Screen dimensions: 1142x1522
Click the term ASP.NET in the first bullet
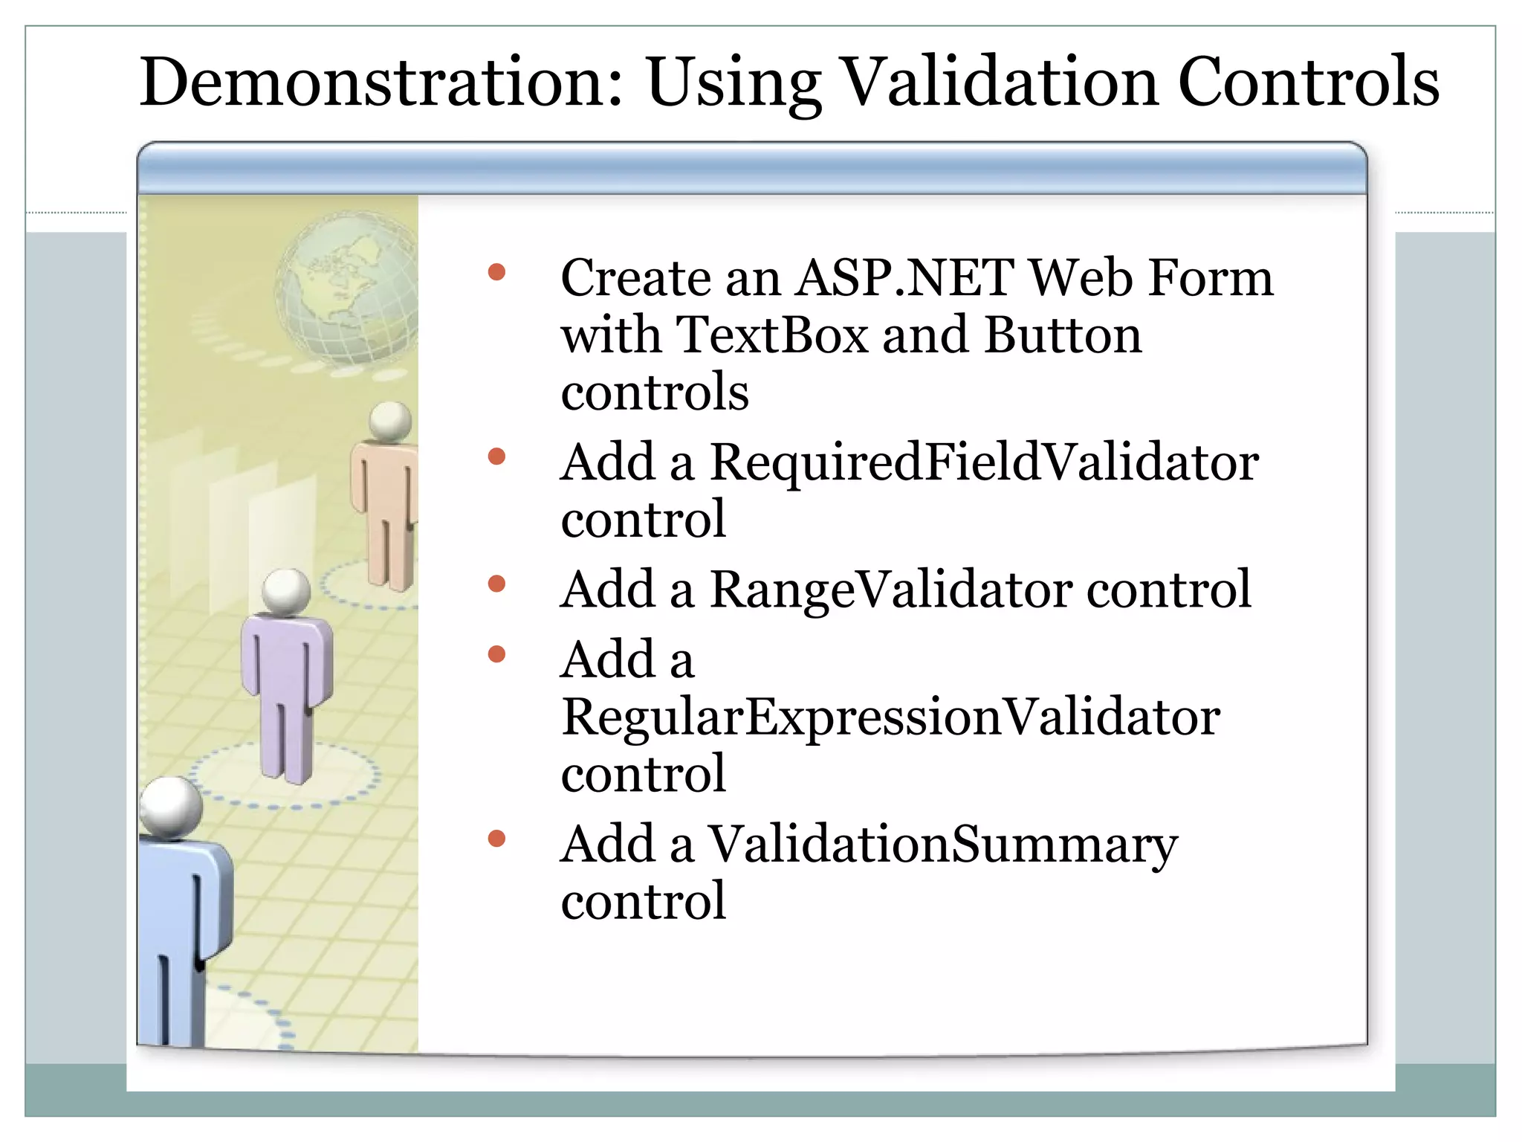point(904,278)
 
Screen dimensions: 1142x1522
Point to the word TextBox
point(773,335)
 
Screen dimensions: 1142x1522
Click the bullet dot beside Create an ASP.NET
point(496,272)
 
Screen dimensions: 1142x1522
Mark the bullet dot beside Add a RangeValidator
point(496,584)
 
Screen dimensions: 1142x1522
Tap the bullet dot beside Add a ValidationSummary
point(496,839)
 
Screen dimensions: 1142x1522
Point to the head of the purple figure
point(286,592)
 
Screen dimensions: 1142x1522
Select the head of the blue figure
point(171,807)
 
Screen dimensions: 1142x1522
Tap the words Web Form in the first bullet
point(1152,278)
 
